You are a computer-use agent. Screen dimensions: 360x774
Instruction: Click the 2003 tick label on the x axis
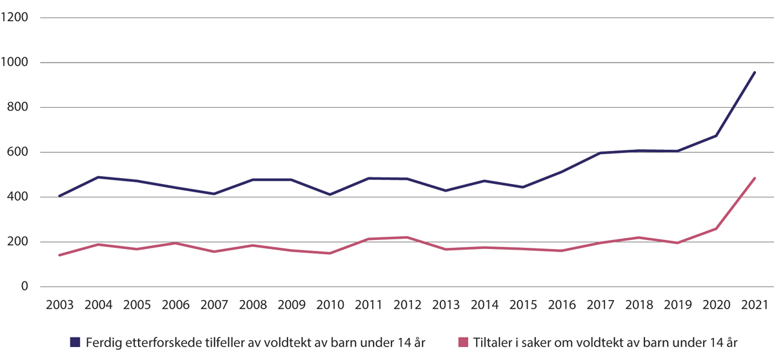coord(60,304)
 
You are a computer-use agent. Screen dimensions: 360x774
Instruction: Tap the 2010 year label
coord(330,304)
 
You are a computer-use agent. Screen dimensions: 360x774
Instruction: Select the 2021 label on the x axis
coord(755,304)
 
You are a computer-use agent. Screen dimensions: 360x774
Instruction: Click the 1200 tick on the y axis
coord(15,18)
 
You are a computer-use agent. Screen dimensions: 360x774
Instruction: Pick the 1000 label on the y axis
coord(15,63)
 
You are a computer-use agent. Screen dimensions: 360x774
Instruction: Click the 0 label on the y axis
coord(25,286)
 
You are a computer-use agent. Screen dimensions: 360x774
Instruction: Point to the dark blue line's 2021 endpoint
coord(755,72)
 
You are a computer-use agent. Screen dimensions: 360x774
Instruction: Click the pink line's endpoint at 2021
coord(755,178)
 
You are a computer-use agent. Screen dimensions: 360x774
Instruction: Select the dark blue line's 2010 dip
coord(330,194)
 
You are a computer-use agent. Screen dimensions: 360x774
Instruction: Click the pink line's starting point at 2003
coord(60,255)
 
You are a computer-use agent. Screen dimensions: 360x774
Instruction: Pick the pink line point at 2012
coord(407,237)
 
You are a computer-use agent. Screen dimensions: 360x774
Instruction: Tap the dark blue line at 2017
coord(600,153)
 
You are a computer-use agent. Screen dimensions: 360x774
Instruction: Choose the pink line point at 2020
coord(716,228)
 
